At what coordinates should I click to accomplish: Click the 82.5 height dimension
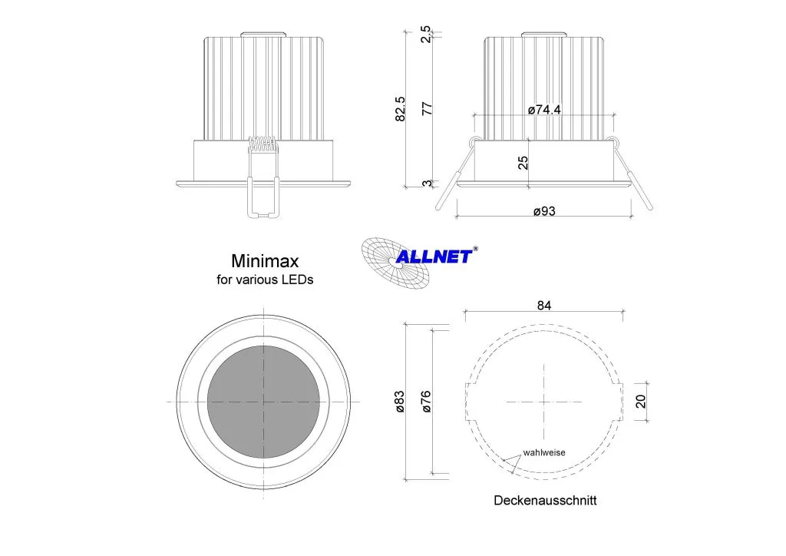(x=400, y=109)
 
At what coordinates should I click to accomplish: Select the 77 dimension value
(x=427, y=108)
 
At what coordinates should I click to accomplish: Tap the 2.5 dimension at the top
(x=425, y=34)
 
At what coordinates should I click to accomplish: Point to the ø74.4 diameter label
(x=544, y=109)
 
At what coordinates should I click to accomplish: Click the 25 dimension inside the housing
(x=523, y=163)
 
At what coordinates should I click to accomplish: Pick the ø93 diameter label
(x=544, y=211)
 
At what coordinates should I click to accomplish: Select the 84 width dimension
(x=544, y=306)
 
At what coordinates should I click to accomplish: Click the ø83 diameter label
(x=399, y=402)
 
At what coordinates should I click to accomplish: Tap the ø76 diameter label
(x=426, y=402)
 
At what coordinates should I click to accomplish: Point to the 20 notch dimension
(x=641, y=401)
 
